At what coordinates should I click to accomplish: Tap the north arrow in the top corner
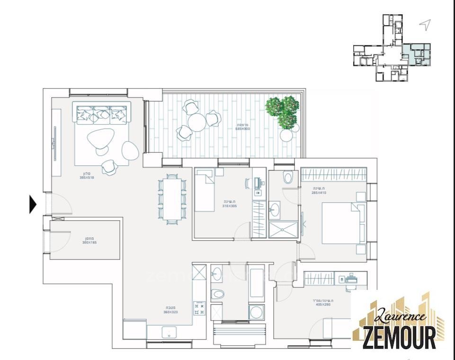[426, 25]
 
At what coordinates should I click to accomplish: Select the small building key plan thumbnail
[392, 48]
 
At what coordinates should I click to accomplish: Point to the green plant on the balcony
[283, 112]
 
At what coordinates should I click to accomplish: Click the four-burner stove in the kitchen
[199, 308]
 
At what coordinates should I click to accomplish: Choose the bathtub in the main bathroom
[256, 282]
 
